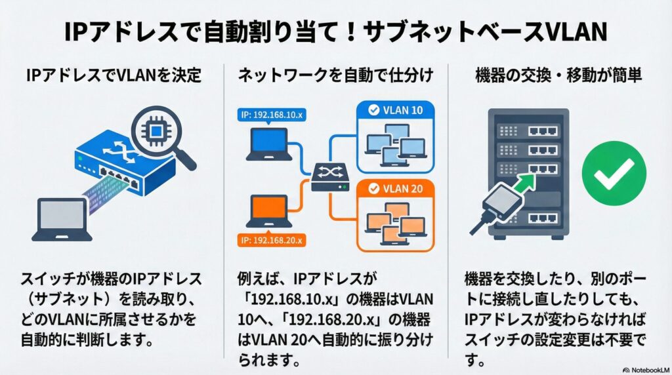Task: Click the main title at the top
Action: (x=336, y=31)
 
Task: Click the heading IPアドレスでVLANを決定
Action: (x=113, y=77)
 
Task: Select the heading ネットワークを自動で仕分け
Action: (x=335, y=77)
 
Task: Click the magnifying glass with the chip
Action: (x=159, y=132)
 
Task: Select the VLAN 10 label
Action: (x=396, y=111)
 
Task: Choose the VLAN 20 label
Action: (x=396, y=189)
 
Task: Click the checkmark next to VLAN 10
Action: (x=373, y=111)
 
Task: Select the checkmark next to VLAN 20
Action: (x=373, y=189)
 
